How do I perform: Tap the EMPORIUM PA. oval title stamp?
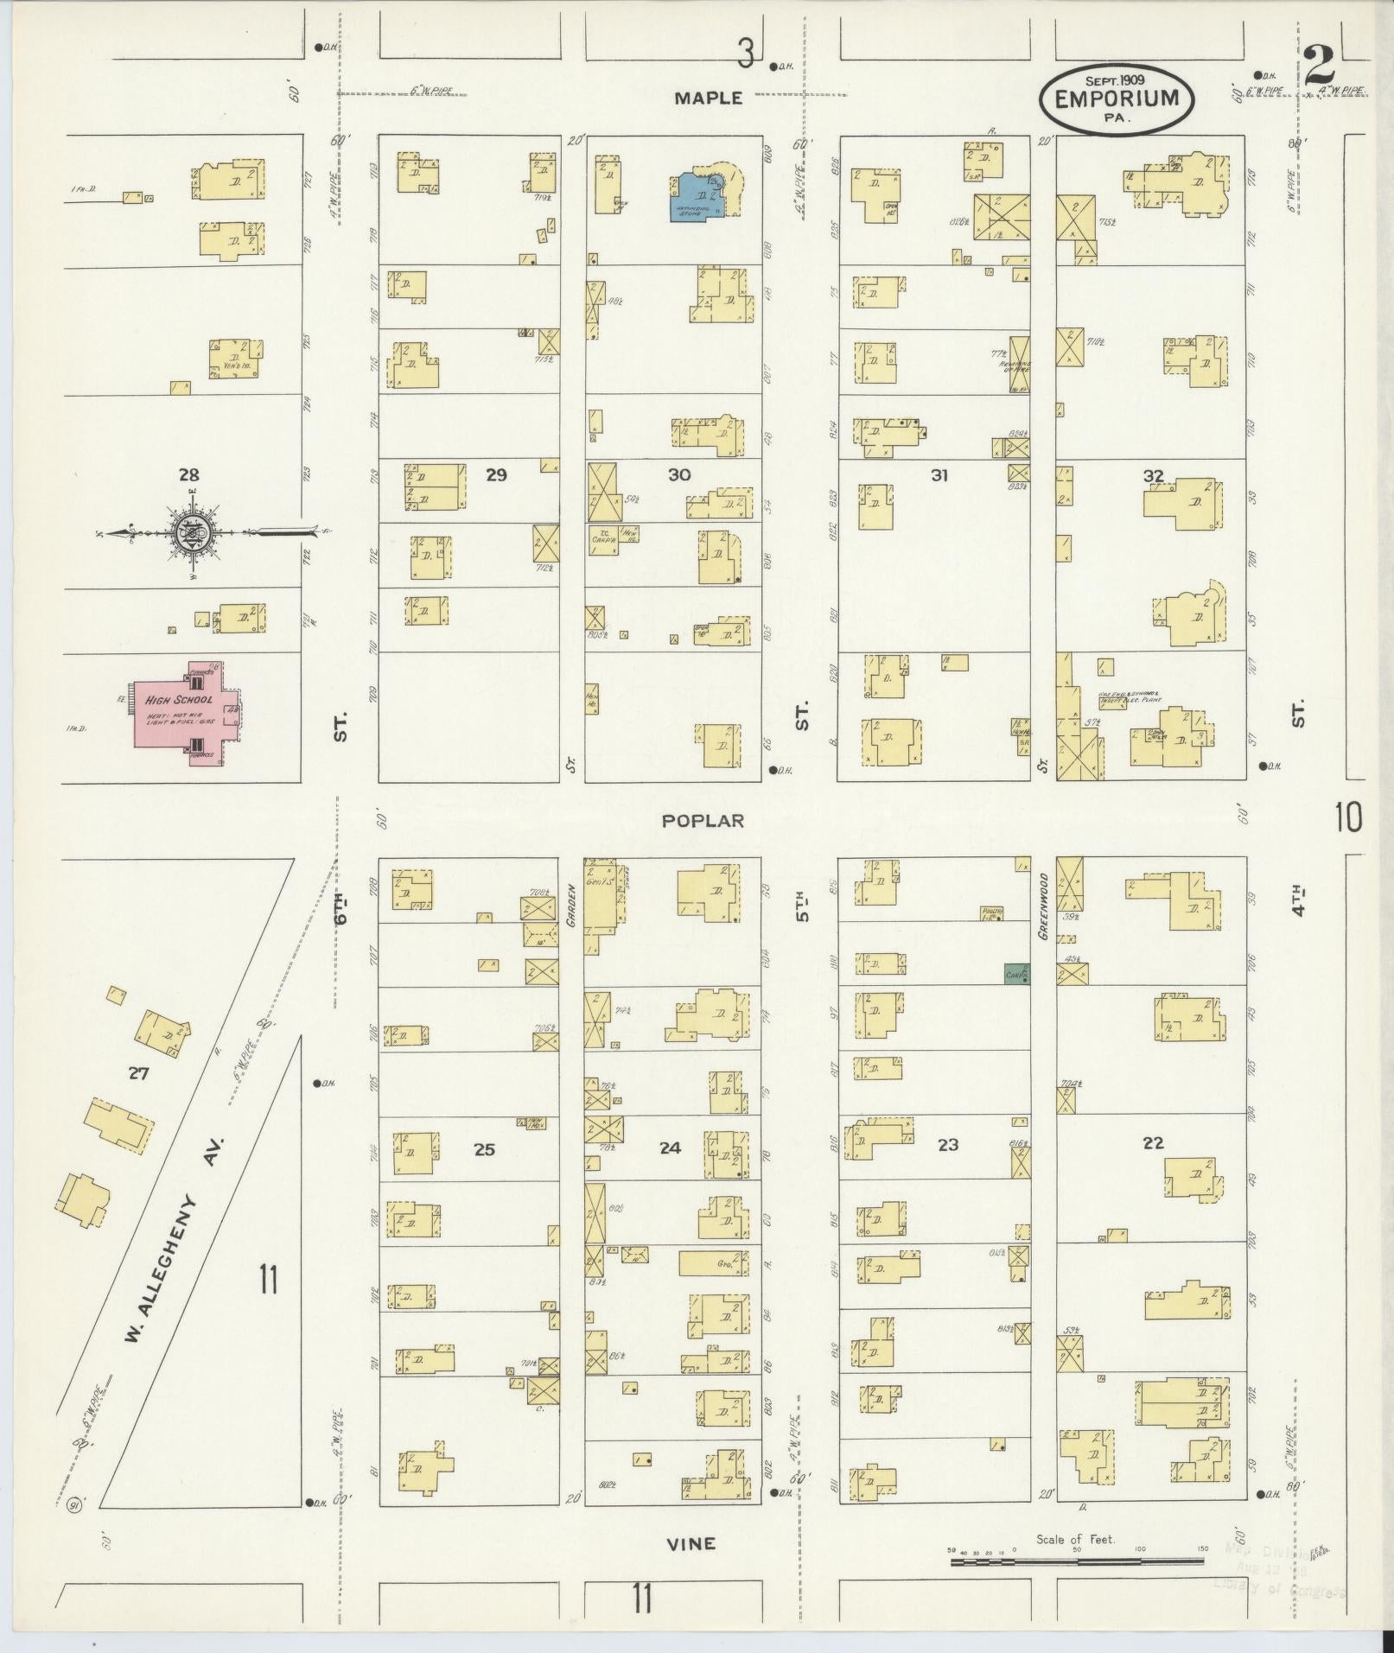pos(1117,99)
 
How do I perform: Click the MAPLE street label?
pos(708,99)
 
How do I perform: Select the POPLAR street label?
pos(703,821)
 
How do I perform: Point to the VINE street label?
pos(692,1543)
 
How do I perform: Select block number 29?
pos(496,474)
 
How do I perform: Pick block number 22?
pos(1153,1143)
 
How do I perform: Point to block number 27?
pos(138,1074)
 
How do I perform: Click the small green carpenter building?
pos(1016,974)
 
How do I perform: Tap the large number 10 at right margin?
pos(1349,817)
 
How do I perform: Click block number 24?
pos(670,1148)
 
